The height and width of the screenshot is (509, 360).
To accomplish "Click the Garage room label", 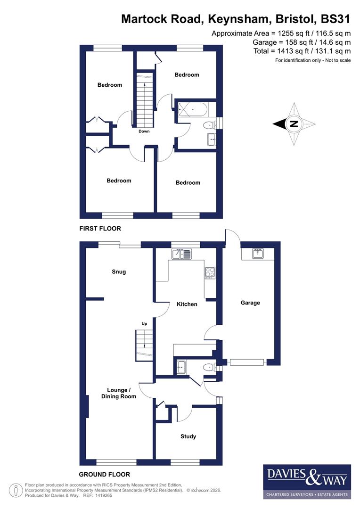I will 250,303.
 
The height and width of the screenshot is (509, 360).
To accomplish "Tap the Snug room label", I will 119,271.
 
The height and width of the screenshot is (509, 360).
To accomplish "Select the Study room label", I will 188,436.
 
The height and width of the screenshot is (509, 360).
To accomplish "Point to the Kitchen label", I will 187,304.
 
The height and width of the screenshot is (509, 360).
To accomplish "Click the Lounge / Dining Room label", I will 119,393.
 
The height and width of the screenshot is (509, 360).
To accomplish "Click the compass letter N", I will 294,124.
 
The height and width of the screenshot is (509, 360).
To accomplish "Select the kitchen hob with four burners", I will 209,272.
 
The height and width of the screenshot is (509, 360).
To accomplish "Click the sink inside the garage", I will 257,254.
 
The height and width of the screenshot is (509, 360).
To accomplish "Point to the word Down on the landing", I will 144,131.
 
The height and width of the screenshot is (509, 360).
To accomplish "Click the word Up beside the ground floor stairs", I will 144,324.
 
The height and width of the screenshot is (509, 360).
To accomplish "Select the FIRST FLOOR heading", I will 100,229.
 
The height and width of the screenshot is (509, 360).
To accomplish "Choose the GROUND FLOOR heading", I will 104,475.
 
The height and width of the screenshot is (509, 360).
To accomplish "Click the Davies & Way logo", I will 306,481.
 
